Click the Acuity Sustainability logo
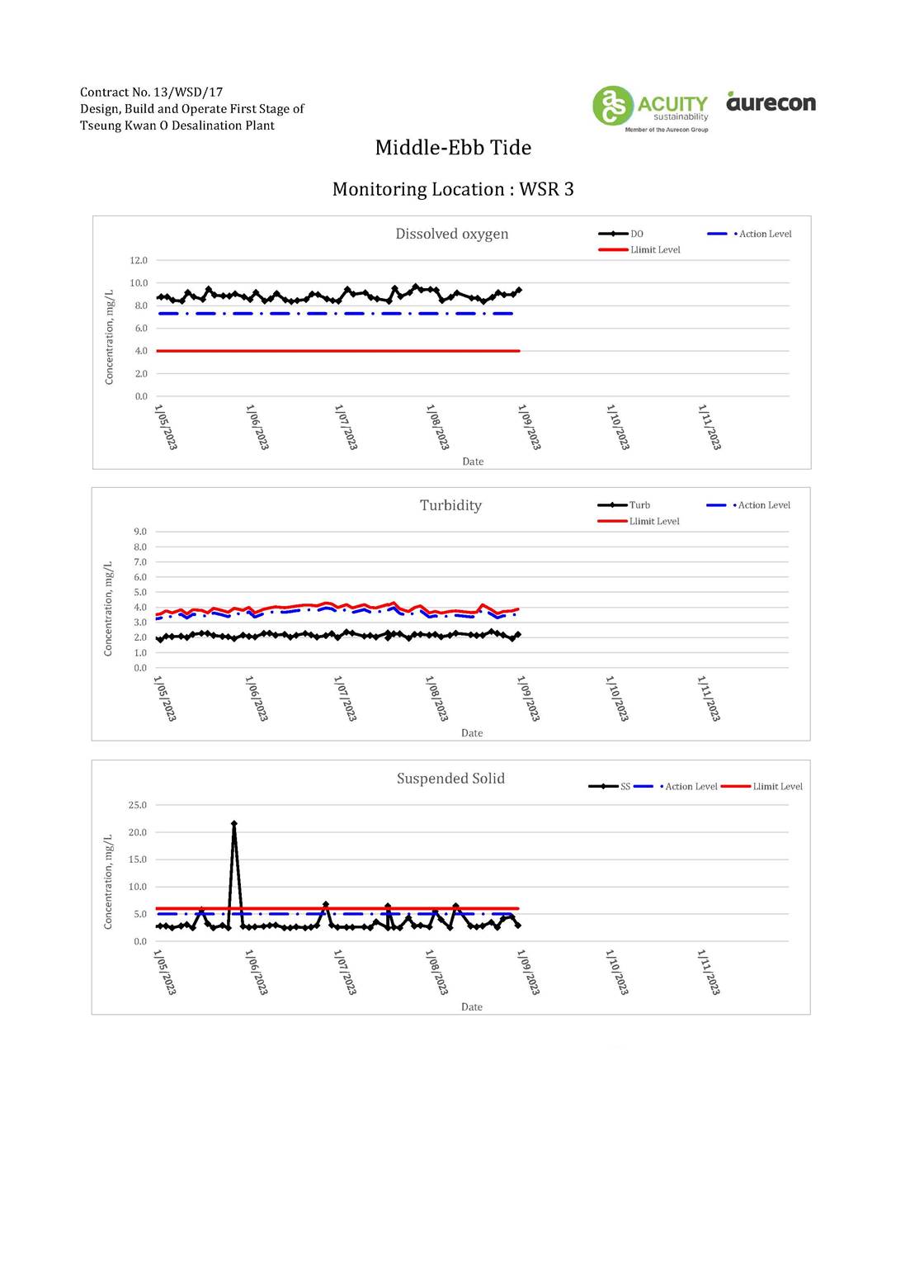(650, 109)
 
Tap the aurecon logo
(771, 102)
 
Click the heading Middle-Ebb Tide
(453, 148)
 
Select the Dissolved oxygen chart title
(451, 234)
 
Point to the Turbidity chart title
(450, 505)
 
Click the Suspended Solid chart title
(450, 779)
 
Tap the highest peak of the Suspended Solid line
(233, 823)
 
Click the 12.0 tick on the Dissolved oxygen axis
(139, 260)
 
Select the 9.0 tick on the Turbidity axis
(140, 532)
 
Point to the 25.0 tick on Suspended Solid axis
(138, 805)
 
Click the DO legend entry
(620, 234)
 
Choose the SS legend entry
(609, 787)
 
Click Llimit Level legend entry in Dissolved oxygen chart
(639, 250)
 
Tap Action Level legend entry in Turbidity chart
(748, 505)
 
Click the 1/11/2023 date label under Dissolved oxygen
(710, 427)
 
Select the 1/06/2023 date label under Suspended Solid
(257, 973)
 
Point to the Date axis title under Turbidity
(472, 733)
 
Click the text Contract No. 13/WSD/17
(151, 92)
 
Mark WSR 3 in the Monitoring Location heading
(546, 189)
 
